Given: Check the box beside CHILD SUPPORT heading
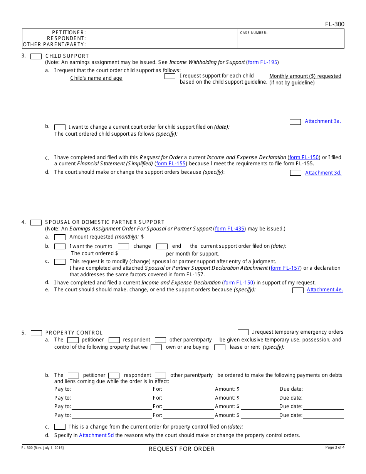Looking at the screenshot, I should point(36,56).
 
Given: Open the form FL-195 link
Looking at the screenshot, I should point(262,62).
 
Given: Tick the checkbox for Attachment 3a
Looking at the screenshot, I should point(295,122).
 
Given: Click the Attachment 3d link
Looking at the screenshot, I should point(323,173).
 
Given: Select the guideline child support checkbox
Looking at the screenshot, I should point(170,76).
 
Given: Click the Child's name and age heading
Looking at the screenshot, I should point(96,78).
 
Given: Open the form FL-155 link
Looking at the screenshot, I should point(171,163).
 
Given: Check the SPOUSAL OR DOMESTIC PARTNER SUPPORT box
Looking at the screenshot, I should point(36,222).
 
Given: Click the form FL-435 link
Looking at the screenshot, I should point(230,229).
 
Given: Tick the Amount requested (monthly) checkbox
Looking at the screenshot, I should point(60,237).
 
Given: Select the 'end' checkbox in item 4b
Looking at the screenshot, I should point(162,246).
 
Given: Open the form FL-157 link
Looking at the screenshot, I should point(286,268).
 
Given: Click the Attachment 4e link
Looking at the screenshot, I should point(324,289).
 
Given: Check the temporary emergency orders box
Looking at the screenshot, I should point(243,332).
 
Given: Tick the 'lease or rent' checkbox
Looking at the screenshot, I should point(220,347).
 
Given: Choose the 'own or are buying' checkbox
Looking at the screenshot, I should point(156,347).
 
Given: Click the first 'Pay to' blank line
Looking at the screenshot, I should point(112,390).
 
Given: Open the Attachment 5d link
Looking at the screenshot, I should point(96,435).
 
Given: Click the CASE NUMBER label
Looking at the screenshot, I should point(254,33).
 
